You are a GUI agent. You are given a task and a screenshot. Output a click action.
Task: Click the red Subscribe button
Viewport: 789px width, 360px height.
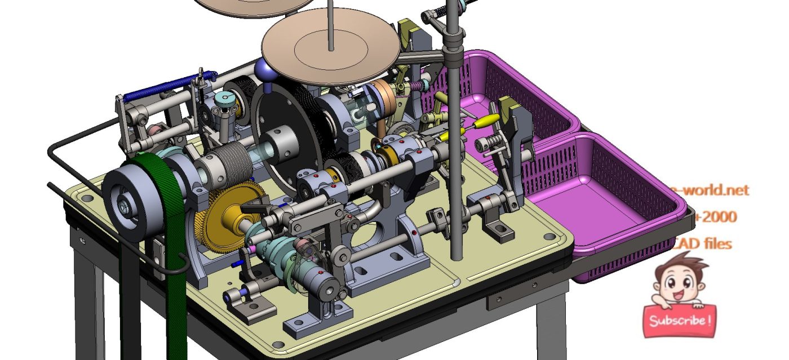pyautogui.click(x=680, y=321)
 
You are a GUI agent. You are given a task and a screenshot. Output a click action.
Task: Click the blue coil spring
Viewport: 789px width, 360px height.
pyautogui.click(x=169, y=84)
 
